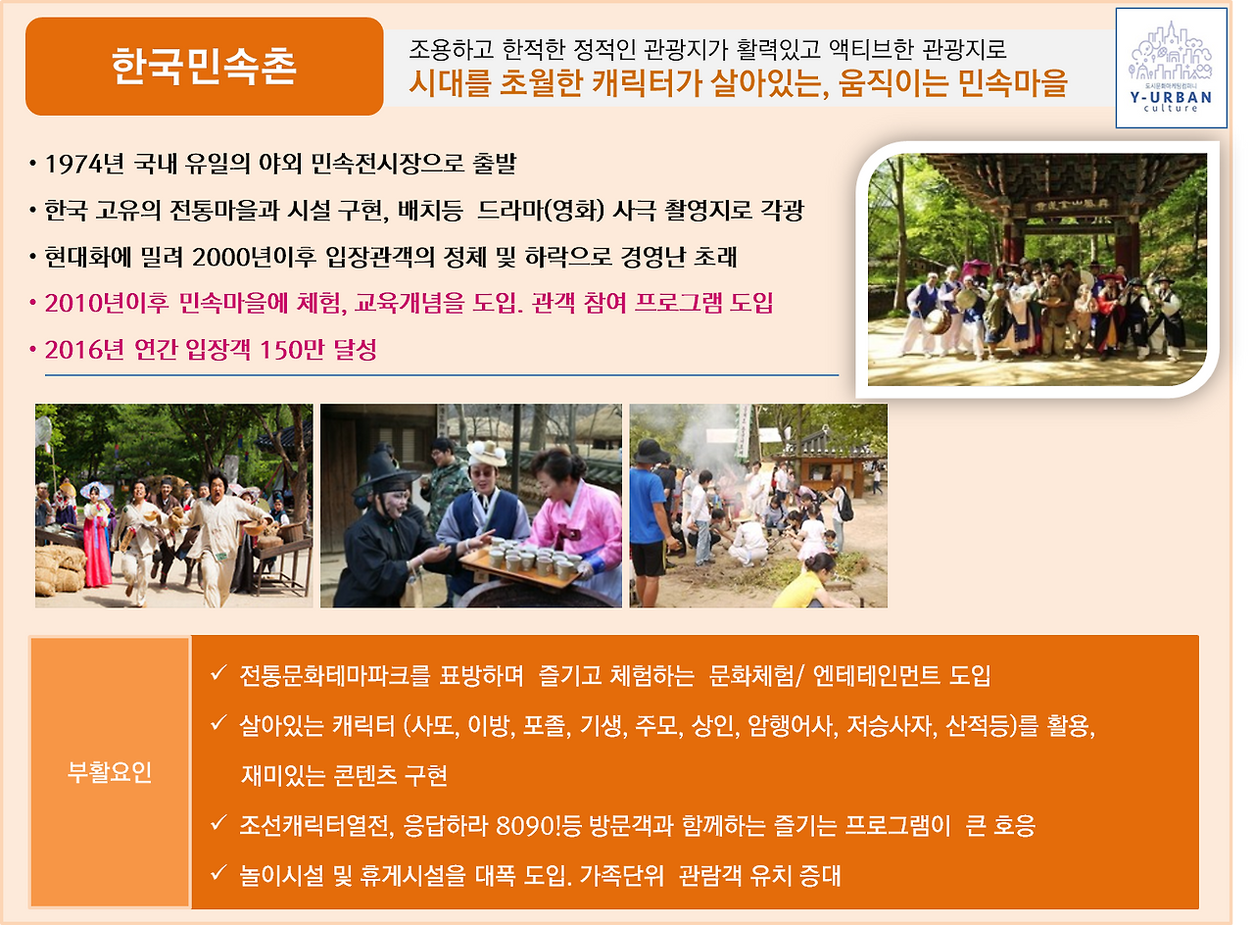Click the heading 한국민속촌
[204, 67]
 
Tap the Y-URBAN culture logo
[1171, 68]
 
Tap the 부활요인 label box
[110, 773]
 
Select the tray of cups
[519, 566]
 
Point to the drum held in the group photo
[940, 318]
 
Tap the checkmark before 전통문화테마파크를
[219, 675]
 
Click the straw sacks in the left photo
[61, 568]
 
